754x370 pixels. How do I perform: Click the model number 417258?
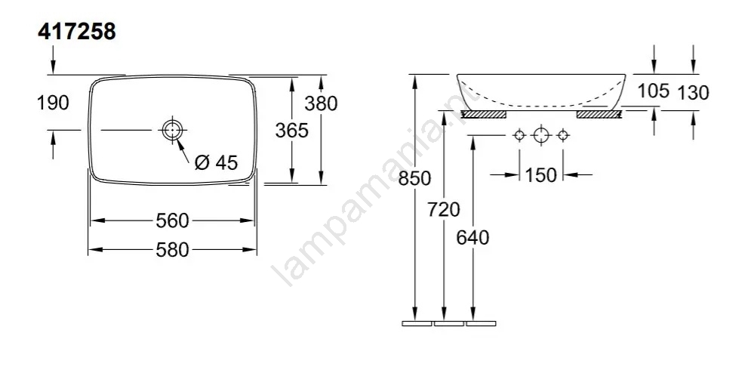coord(77,32)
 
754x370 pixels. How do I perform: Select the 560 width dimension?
coord(172,220)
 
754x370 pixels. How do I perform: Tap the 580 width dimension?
coord(172,250)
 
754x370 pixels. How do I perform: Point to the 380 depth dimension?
coord(322,103)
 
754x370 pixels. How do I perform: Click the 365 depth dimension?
coord(291,130)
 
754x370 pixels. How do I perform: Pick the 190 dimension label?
coord(54,103)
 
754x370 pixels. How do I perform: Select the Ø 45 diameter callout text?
coord(217,163)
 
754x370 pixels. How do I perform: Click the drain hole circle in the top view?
coord(172,130)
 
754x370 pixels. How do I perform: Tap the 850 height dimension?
coord(414,178)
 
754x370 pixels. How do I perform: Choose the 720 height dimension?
coord(443,210)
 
